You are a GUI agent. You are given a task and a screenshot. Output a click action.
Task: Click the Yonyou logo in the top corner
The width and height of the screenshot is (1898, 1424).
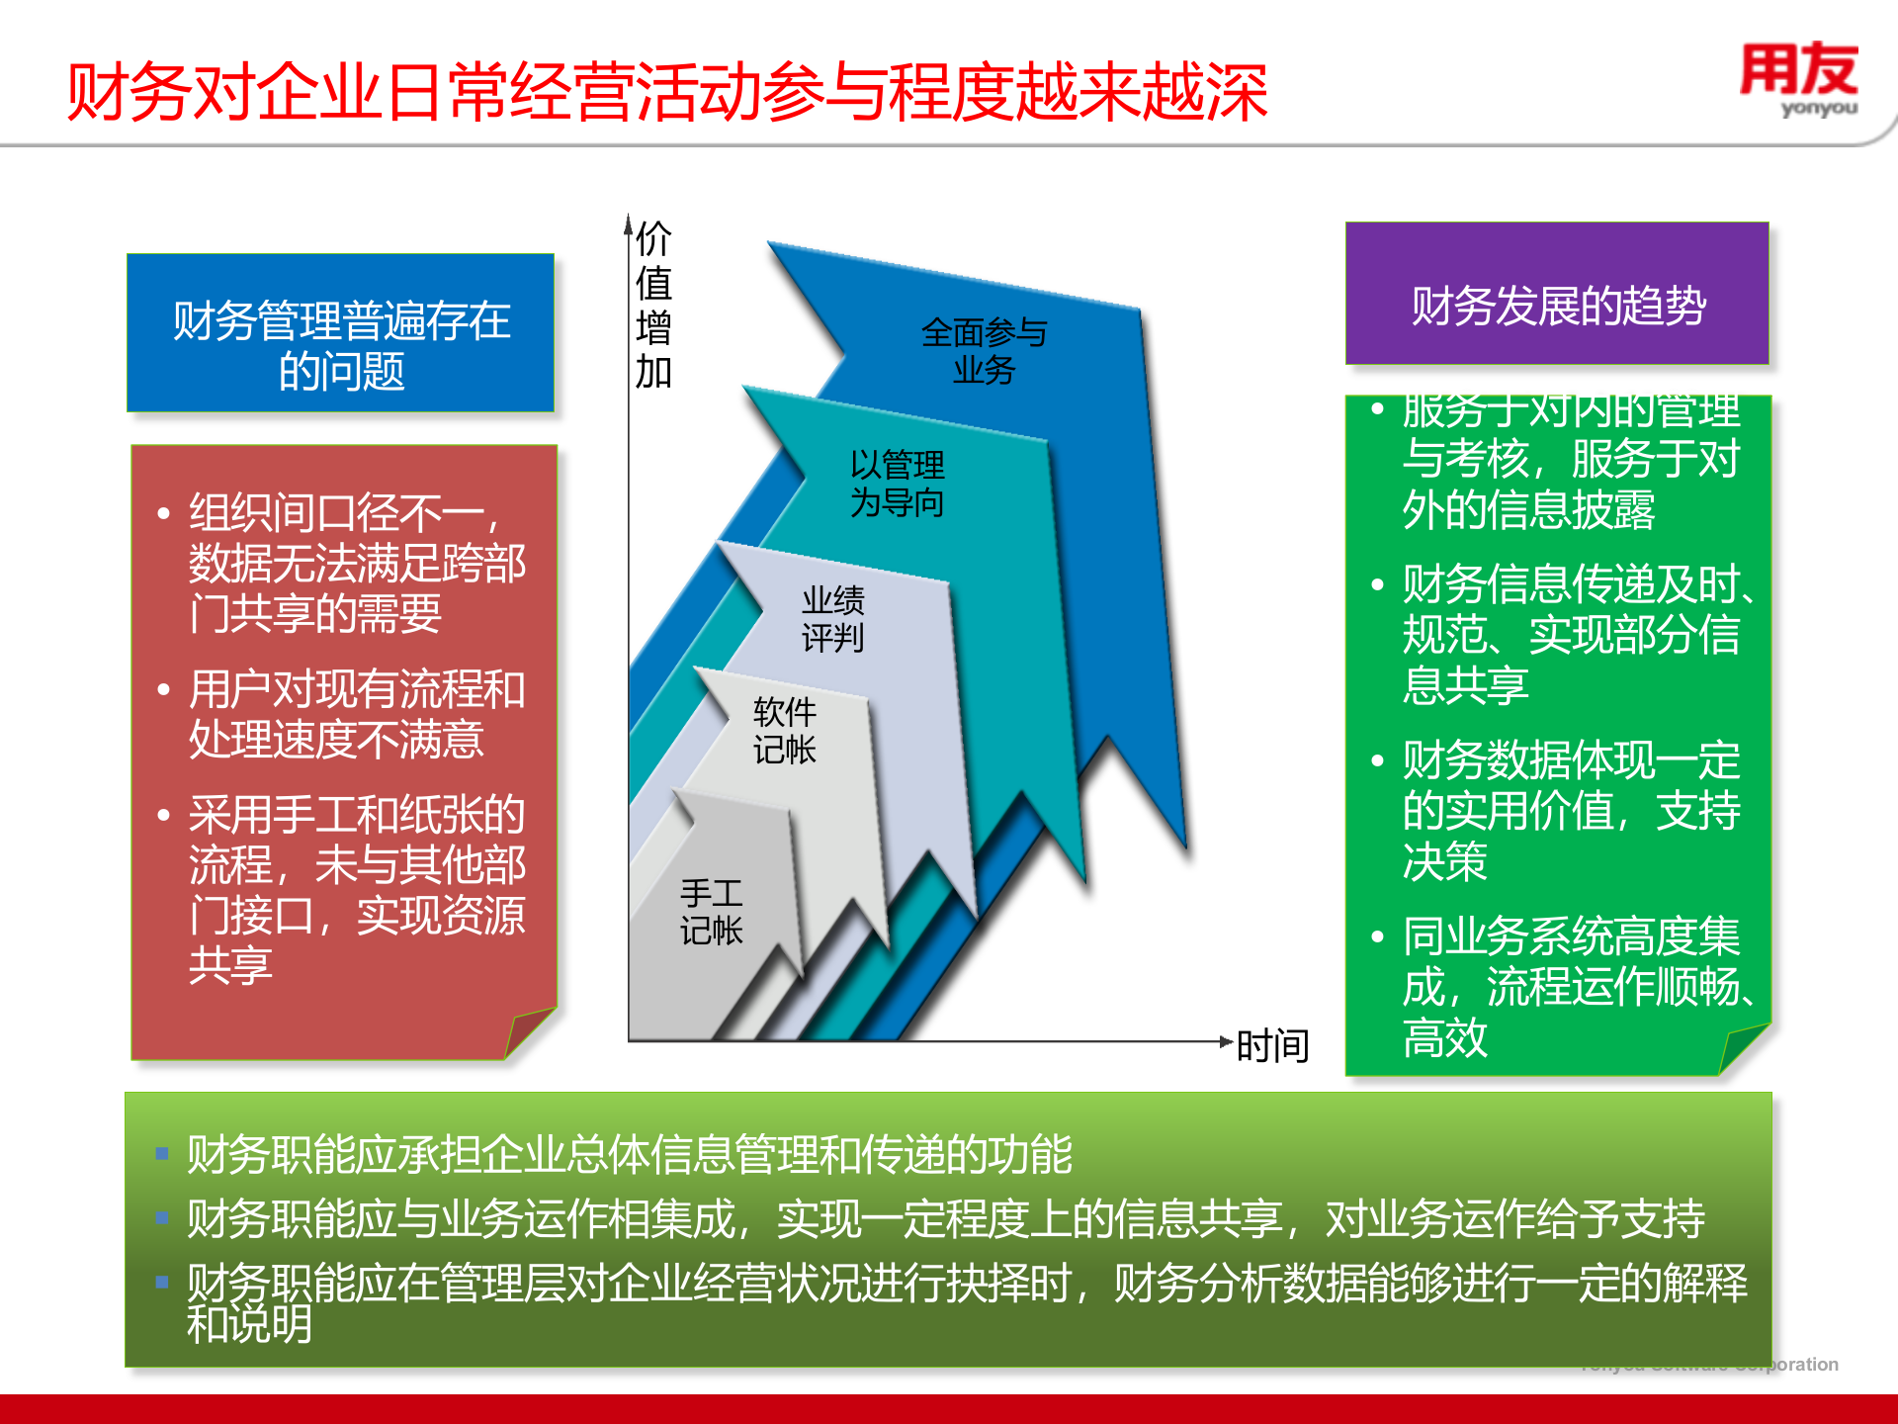click(x=1799, y=79)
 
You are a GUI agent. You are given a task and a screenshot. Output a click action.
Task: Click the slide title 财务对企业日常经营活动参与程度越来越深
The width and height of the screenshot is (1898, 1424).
click(x=667, y=93)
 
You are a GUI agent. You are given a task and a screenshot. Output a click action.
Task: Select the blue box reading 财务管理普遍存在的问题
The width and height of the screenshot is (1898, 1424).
click(x=341, y=333)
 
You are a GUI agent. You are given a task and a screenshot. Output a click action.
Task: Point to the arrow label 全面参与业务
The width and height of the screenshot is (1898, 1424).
click(x=984, y=351)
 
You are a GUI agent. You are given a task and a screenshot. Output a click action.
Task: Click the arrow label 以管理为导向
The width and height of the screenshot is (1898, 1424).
click(x=897, y=484)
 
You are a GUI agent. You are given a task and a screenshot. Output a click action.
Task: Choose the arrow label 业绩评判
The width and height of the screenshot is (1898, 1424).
click(x=832, y=619)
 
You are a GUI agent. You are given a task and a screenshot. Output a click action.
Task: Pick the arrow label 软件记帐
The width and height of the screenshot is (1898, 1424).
click(x=785, y=731)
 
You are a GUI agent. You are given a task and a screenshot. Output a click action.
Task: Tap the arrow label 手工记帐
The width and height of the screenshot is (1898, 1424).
click(x=711, y=912)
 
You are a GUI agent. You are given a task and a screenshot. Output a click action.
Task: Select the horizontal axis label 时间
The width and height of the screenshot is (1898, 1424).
click(x=1273, y=1046)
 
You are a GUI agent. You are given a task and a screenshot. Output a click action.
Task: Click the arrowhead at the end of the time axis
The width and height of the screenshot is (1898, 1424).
click(x=1227, y=1041)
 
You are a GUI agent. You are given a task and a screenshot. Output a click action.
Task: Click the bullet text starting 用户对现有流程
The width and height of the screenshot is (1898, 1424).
click(x=356, y=714)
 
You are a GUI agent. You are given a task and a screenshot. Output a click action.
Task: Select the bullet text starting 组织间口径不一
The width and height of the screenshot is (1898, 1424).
click(x=356, y=564)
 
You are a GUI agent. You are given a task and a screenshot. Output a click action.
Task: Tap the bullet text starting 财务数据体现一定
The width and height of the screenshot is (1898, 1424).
click(x=1571, y=811)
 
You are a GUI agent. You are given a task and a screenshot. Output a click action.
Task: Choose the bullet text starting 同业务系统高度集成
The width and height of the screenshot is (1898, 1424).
click(x=1571, y=987)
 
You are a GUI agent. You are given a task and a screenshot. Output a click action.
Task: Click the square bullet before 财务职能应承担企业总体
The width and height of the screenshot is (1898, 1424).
click(x=162, y=1153)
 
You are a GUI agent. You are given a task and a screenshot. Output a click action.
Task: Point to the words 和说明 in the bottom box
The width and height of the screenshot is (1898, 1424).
click(x=250, y=1325)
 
